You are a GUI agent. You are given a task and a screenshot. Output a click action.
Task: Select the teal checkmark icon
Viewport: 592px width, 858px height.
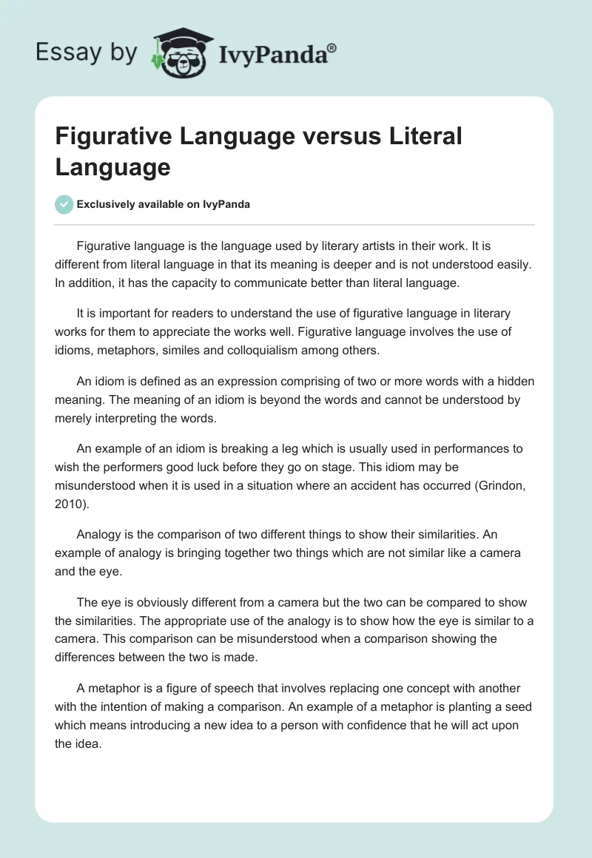[64, 204]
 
